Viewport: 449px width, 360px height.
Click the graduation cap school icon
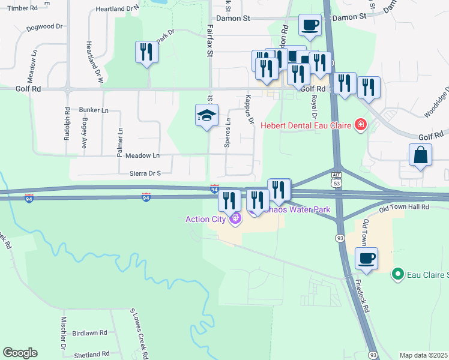(x=206, y=116)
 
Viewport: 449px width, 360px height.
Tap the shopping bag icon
(x=421, y=155)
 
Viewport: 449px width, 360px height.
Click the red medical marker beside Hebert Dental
(x=361, y=125)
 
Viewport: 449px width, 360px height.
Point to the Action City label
(x=205, y=219)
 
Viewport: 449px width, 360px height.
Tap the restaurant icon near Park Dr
(x=146, y=52)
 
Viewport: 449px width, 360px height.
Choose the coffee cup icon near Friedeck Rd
(x=366, y=259)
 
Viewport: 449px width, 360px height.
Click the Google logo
(x=20, y=352)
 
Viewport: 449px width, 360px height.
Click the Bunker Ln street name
(x=94, y=110)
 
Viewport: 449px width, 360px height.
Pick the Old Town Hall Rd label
(x=404, y=207)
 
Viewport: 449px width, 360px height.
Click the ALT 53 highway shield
(x=337, y=177)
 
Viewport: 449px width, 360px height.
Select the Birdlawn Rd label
(x=89, y=332)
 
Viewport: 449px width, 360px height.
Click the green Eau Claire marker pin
(x=397, y=274)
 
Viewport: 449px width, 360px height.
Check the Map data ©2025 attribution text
(x=423, y=355)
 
